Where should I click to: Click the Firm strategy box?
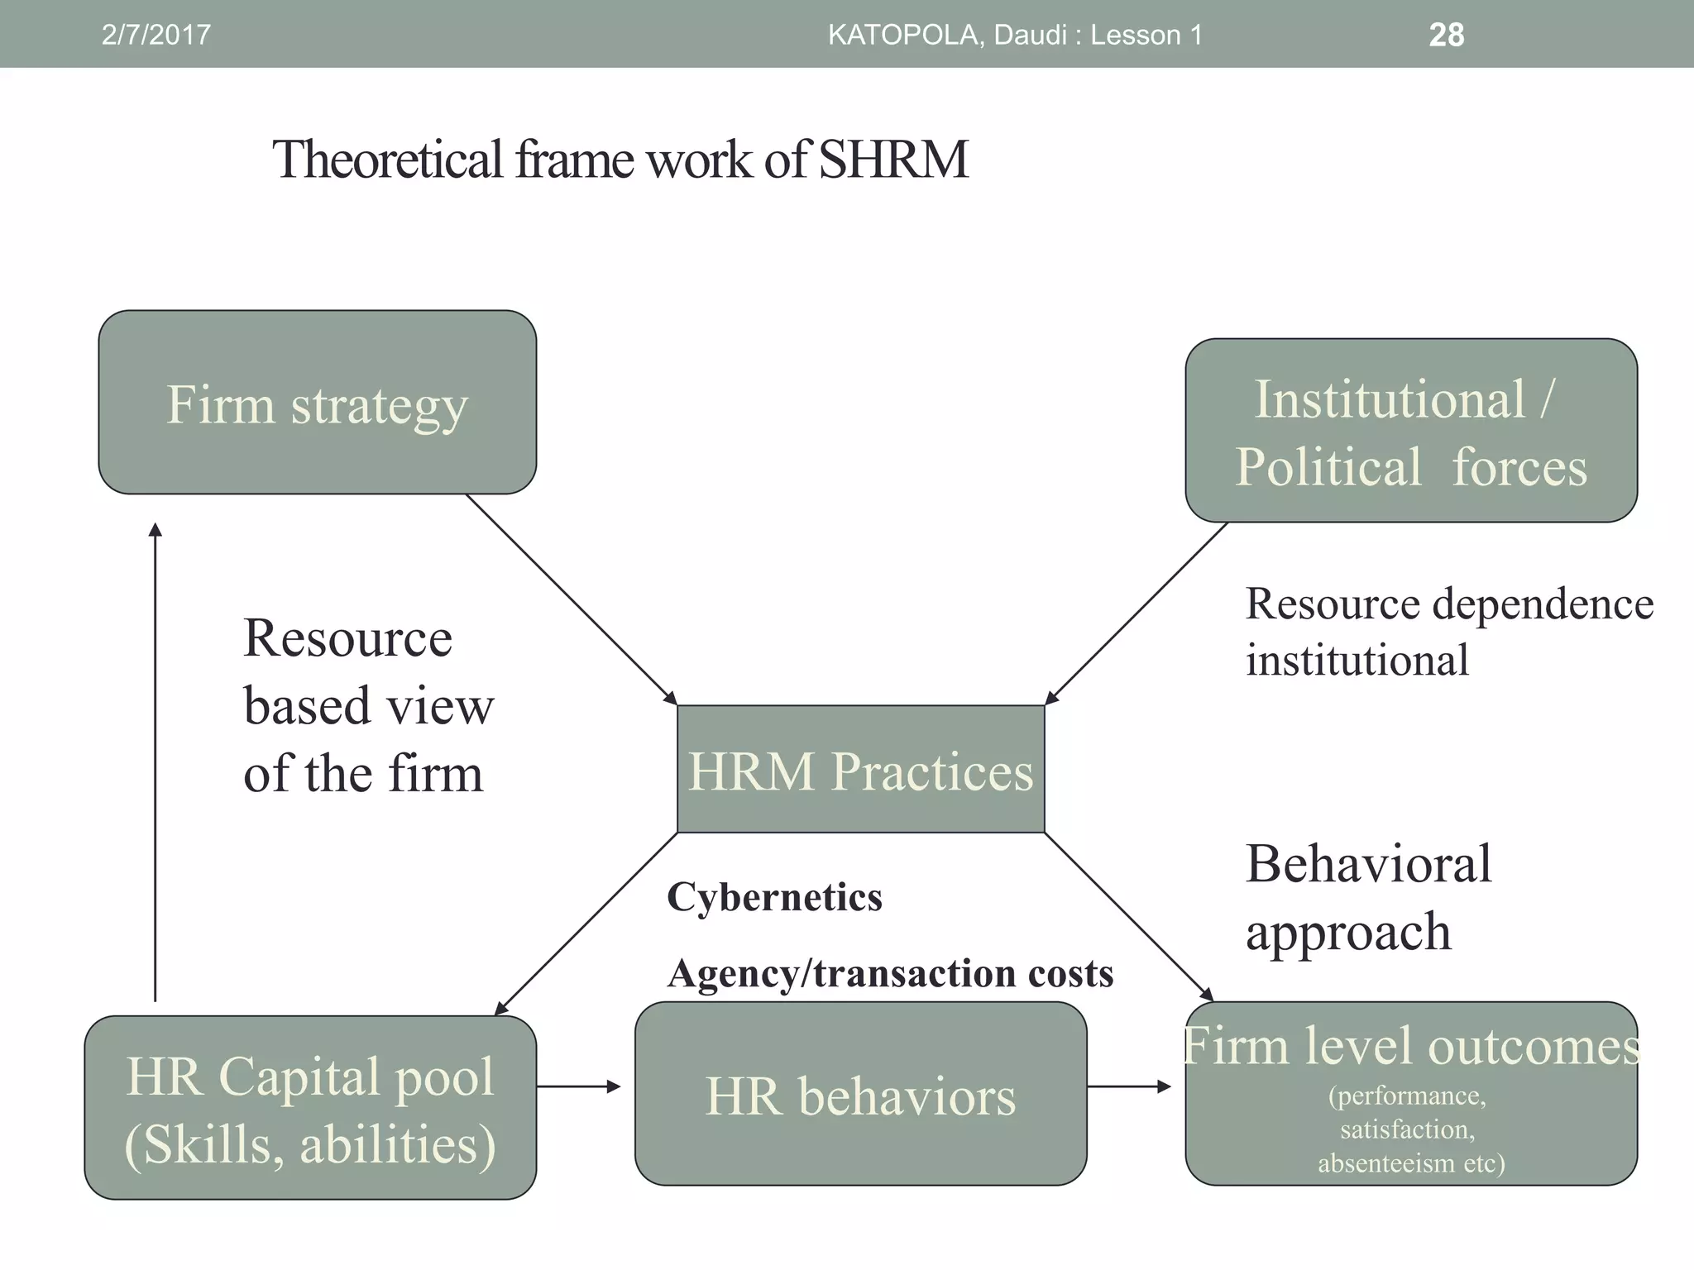pos(317,403)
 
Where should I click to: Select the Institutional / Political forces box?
pos(1411,430)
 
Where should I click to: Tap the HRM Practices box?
pos(860,769)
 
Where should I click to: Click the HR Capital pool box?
pos(310,1108)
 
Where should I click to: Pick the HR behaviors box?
pos(860,1095)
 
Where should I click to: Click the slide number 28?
pos(1446,35)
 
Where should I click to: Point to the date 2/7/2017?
pos(156,35)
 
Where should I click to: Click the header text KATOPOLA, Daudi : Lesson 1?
pos(1015,35)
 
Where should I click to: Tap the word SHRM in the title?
pos(893,159)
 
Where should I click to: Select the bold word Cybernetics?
pos(774,897)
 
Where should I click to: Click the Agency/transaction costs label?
pos(890,973)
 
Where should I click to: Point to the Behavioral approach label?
pos(1369,897)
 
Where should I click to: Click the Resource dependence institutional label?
pos(1448,632)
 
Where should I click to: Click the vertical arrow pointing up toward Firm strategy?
pos(155,761)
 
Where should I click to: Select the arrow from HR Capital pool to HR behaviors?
pos(578,1086)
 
